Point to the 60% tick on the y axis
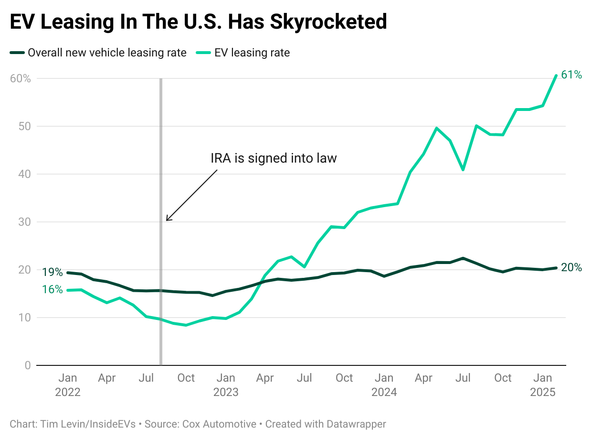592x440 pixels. click(20, 78)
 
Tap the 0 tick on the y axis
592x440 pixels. click(27, 365)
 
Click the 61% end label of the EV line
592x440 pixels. click(571, 75)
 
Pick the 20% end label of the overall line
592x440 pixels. click(571, 268)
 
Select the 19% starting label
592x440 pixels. click(52, 273)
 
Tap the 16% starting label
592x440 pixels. click(52, 289)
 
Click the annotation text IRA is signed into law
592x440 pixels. click(274, 158)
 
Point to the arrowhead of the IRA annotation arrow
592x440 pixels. click(167, 220)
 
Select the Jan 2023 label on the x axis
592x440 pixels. click(226, 385)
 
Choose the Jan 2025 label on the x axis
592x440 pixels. click(543, 385)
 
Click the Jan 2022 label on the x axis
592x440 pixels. click(68, 385)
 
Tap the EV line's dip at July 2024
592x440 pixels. click(463, 170)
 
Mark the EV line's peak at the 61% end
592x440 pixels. click(556, 76)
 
